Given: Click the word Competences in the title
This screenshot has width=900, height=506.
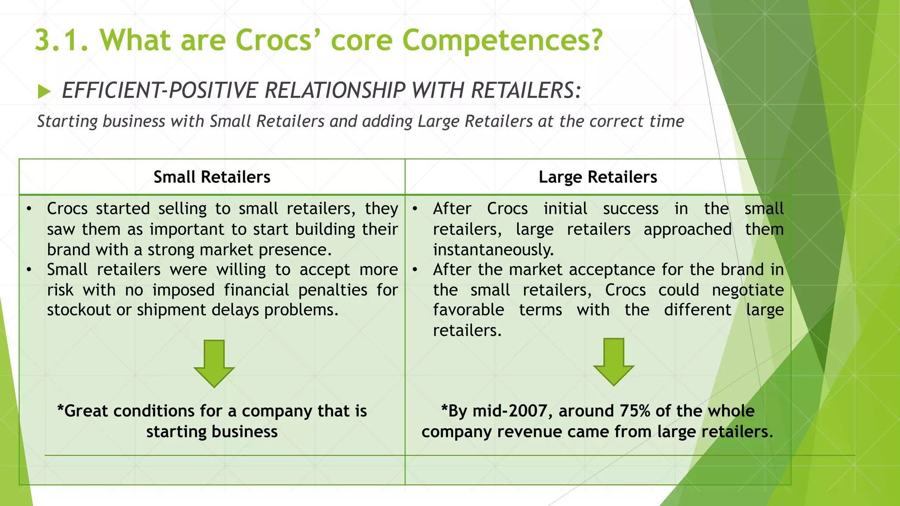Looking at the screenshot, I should pos(502,40).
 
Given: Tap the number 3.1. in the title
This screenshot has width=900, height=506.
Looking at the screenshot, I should pos(62,40).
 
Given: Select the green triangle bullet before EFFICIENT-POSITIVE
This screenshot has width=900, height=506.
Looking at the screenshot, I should pos(44,91).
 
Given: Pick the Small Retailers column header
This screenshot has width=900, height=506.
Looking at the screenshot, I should pos(212,177).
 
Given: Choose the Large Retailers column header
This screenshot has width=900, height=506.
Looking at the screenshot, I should pos(598,177).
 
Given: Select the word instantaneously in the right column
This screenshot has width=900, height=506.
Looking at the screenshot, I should pos(493,250).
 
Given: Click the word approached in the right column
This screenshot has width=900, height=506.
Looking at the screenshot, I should pos(688,229).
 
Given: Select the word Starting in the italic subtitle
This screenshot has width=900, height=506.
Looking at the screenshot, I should pos(67,121).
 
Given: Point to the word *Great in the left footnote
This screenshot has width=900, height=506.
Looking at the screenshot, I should pos(83,411).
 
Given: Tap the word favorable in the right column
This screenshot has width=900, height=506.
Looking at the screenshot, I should pos(468,310).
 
